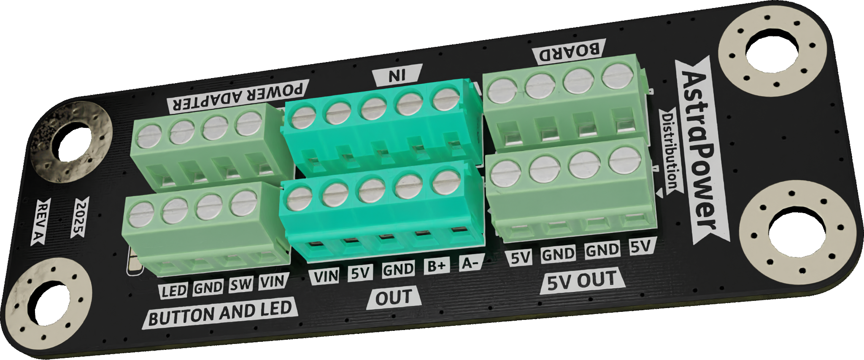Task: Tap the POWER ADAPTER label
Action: pyautogui.click(x=238, y=97)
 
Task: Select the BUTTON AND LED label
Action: pyautogui.click(x=220, y=314)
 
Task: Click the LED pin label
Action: pyautogui.click(x=174, y=290)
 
